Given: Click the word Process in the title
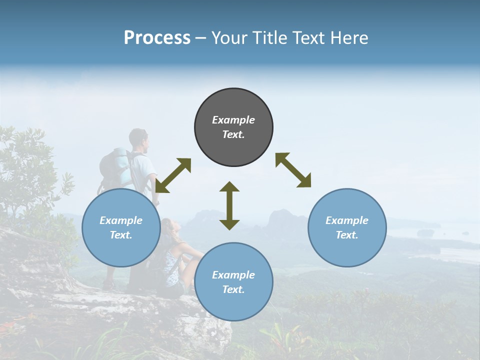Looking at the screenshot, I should [x=157, y=38].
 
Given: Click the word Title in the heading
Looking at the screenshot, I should [x=268, y=38].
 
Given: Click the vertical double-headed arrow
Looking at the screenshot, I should [x=229, y=205].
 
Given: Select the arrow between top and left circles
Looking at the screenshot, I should [x=173, y=175].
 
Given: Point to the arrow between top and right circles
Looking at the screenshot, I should [x=293, y=170].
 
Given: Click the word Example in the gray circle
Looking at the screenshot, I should [x=233, y=120].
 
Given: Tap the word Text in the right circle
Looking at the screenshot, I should [x=346, y=235].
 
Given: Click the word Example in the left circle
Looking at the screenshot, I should [x=121, y=220].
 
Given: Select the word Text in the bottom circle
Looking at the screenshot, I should [x=233, y=289].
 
